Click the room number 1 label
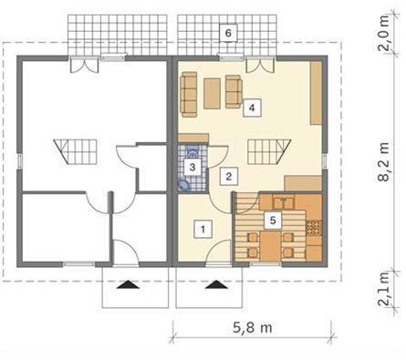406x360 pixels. point(203,229)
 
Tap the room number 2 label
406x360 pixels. point(229,177)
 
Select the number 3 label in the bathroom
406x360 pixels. point(193,167)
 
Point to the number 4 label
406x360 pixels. point(252,108)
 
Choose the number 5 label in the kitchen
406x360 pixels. point(273,221)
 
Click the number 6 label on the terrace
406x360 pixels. point(228,33)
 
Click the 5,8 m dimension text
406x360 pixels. point(253,327)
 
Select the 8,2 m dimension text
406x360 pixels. point(384,161)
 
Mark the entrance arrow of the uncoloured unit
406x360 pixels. point(129,284)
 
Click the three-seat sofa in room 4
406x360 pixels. point(189,94)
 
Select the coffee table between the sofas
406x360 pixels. point(213,93)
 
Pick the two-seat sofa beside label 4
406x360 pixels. point(234,91)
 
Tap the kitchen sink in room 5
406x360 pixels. point(284,202)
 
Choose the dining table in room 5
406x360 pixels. point(270,247)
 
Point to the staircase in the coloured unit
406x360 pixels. point(269,151)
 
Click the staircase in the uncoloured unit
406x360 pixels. point(75,151)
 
